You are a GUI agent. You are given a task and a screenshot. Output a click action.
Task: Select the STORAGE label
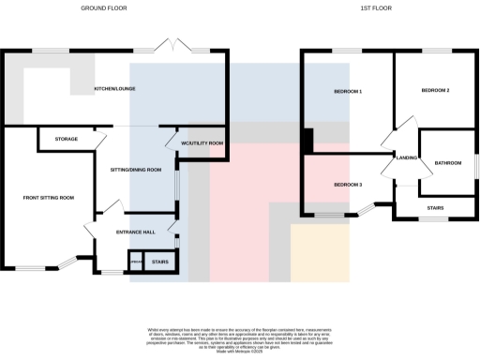click(x=66, y=140)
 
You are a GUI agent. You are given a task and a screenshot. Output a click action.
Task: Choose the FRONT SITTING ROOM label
click(x=49, y=198)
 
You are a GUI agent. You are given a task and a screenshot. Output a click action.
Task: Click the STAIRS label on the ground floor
click(x=159, y=262)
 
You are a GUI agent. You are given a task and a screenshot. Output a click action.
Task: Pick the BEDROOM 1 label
click(x=347, y=91)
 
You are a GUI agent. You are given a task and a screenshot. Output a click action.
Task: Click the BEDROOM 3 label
click(x=347, y=185)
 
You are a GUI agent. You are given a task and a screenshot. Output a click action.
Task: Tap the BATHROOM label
click(x=447, y=163)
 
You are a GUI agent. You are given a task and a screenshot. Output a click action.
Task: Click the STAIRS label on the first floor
click(x=434, y=207)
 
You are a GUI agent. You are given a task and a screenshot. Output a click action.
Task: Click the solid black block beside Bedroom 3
click(x=307, y=141)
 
